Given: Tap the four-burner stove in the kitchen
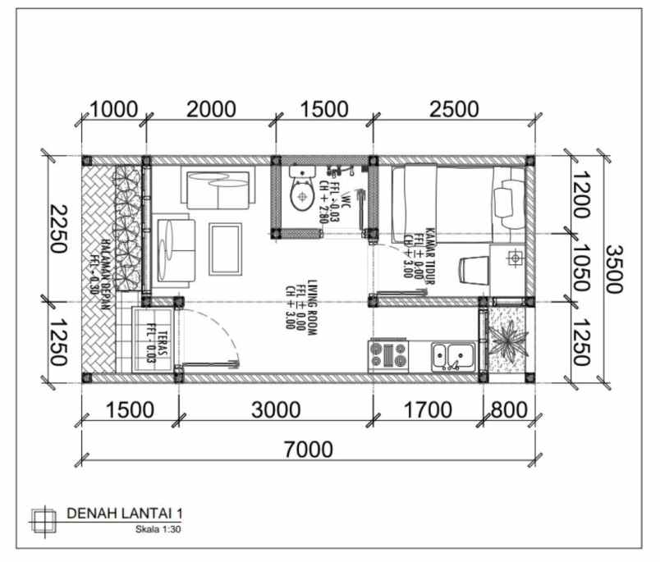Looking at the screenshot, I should click(389, 354).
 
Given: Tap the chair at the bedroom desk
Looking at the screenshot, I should click(471, 271).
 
